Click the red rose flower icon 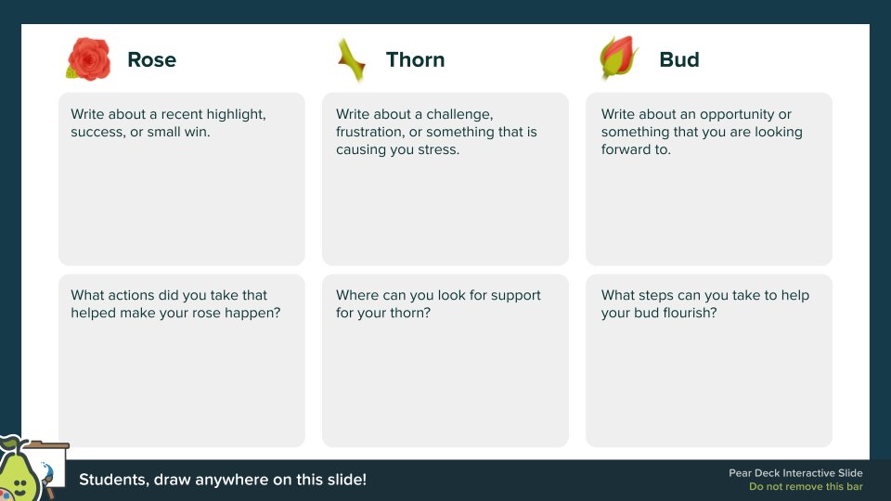[x=89, y=58]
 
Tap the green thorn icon [x=350, y=59]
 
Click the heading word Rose [x=151, y=60]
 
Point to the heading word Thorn [x=415, y=60]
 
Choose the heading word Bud [x=678, y=60]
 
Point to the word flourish [x=689, y=313]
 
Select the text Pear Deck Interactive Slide [x=795, y=473]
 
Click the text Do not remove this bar [x=806, y=487]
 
